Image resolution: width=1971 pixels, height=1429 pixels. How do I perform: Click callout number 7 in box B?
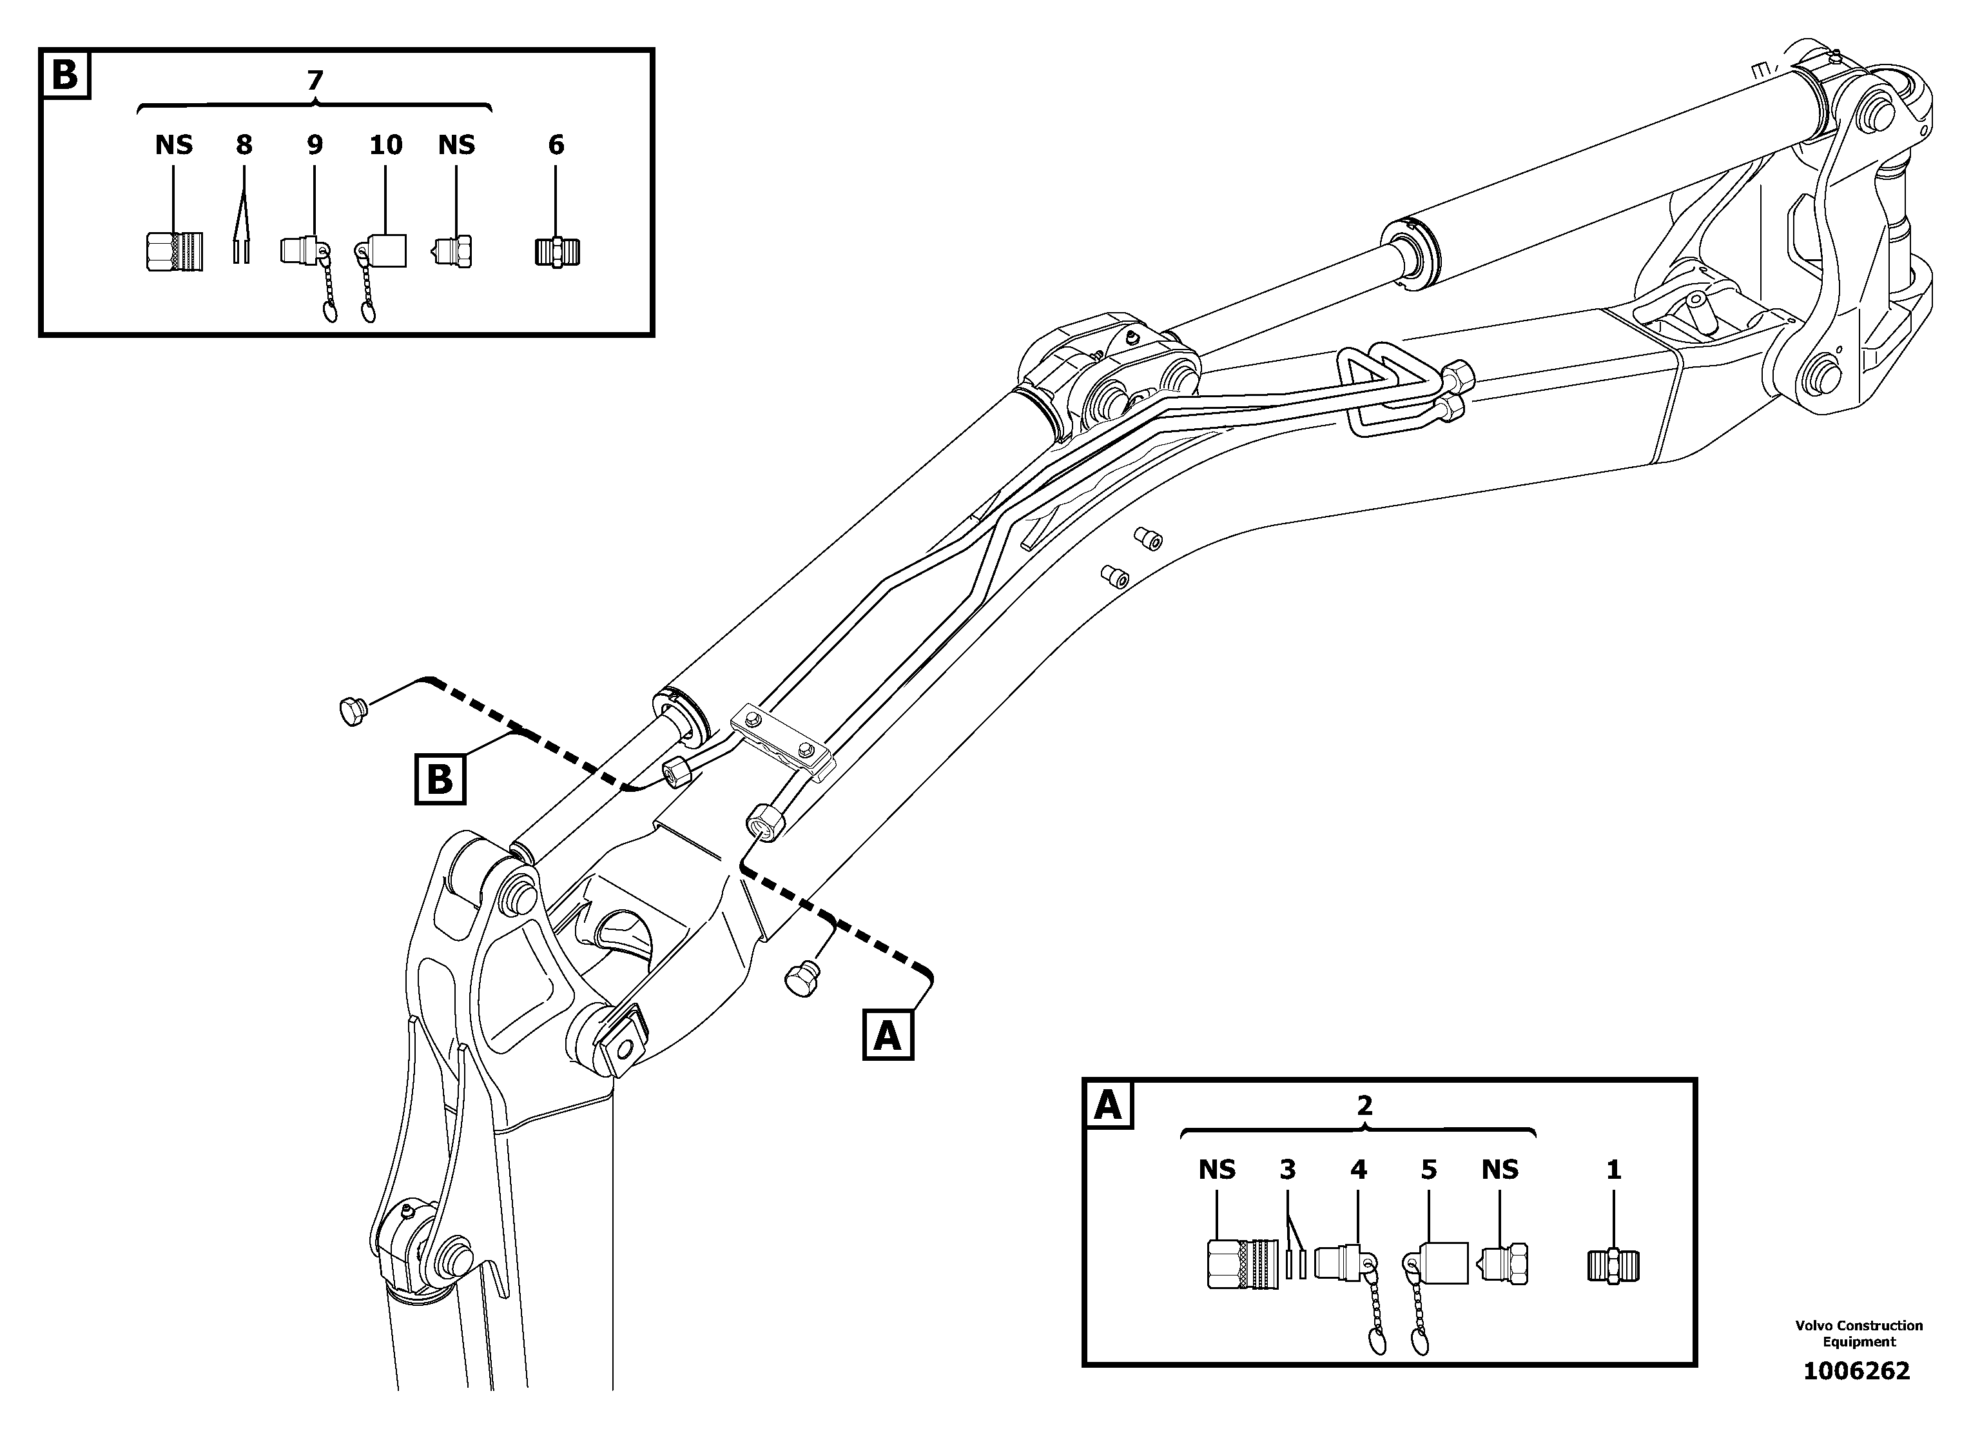pyautogui.click(x=315, y=80)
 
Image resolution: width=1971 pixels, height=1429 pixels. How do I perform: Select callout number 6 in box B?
pyautogui.click(x=556, y=144)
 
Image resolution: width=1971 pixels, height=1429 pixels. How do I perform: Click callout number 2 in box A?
pyautogui.click(x=1364, y=1106)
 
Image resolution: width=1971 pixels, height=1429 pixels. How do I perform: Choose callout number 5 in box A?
pyautogui.click(x=1429, y=1170)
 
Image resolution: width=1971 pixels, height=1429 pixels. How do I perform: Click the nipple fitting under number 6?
pyautogui.click(x=557, y=252)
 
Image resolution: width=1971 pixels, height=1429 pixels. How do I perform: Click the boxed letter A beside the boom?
pyautogui.click(x=888, y=1034)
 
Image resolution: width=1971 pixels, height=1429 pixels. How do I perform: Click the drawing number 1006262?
pyautogui.click(x=1856, y=1372)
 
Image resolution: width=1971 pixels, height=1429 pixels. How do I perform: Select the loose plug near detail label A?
pyautogui.click(x=802, y=980)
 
